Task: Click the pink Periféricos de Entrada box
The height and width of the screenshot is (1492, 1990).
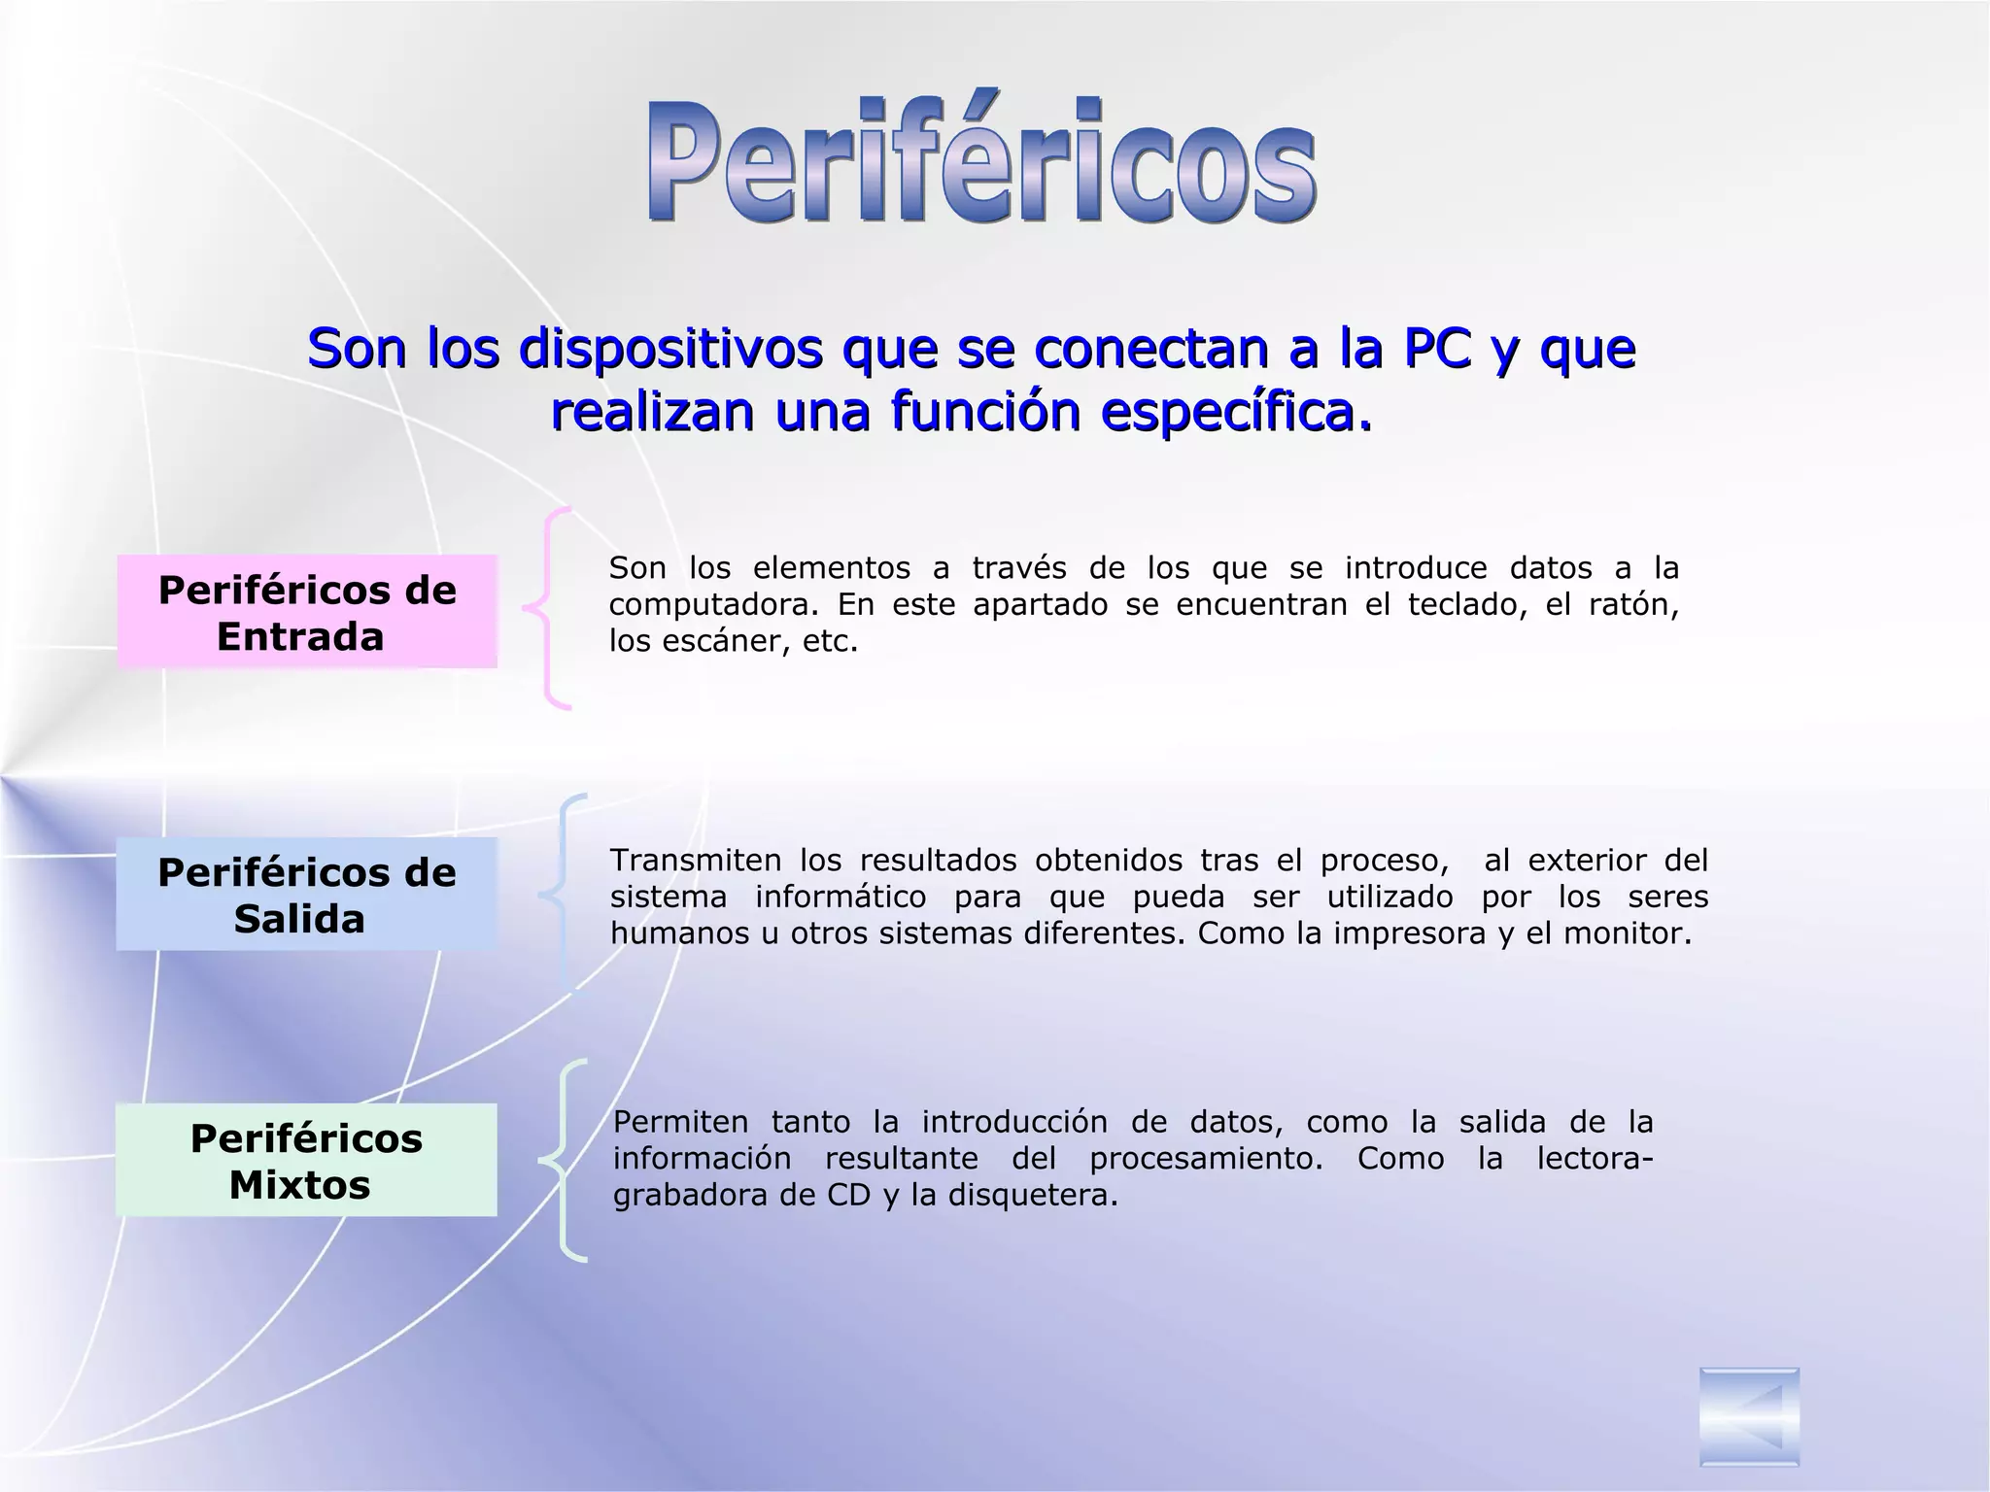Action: click(x=307, y=612)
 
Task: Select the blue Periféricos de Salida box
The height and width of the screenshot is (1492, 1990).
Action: click(x=307, y=895)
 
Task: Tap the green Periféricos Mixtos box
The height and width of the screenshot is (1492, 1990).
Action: click(x=307, y=1160)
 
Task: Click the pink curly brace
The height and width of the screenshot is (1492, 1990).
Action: click(x=550, y=608)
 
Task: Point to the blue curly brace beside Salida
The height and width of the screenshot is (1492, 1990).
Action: click(x=562, y=894)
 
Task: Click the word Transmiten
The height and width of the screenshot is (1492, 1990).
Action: click(x=695, y=861)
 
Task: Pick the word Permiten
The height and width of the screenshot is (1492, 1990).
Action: click(x=680, y=1123)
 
